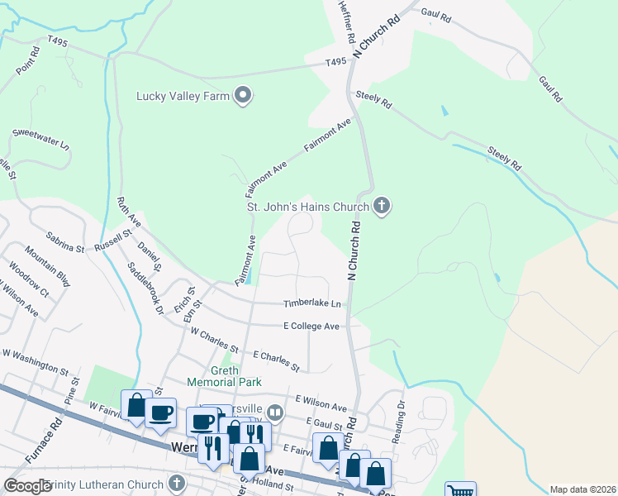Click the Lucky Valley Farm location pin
243,96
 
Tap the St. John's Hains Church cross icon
381,205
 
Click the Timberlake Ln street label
312,304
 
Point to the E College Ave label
311,327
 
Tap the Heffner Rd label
345,22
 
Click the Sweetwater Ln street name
40,137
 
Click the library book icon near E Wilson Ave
275,412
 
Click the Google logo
27,486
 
